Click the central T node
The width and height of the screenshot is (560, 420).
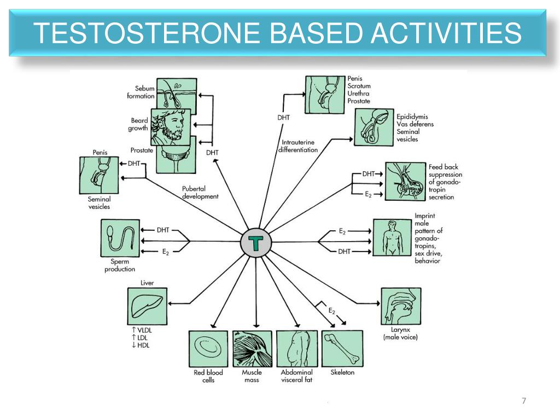(x=255, y=243)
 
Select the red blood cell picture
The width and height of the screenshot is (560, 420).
(x=208, y=348)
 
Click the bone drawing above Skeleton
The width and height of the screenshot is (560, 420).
(x=342, y=348)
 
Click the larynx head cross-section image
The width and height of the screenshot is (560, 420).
(x=400, y=306)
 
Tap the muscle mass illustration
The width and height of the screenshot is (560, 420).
(x=252, y=348)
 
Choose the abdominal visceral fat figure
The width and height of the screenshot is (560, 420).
(x=297, y=348)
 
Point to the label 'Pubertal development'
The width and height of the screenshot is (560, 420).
(x=200, y=192)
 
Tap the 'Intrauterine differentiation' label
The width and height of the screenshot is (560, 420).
(x=298, y=147)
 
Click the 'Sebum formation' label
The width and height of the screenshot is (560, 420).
(x=142, y=92)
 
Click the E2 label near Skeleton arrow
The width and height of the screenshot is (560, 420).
(x=331, y=311)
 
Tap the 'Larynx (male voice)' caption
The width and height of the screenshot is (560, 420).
(x=400, y=334)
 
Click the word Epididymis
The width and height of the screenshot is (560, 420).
(x=412, y=116)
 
